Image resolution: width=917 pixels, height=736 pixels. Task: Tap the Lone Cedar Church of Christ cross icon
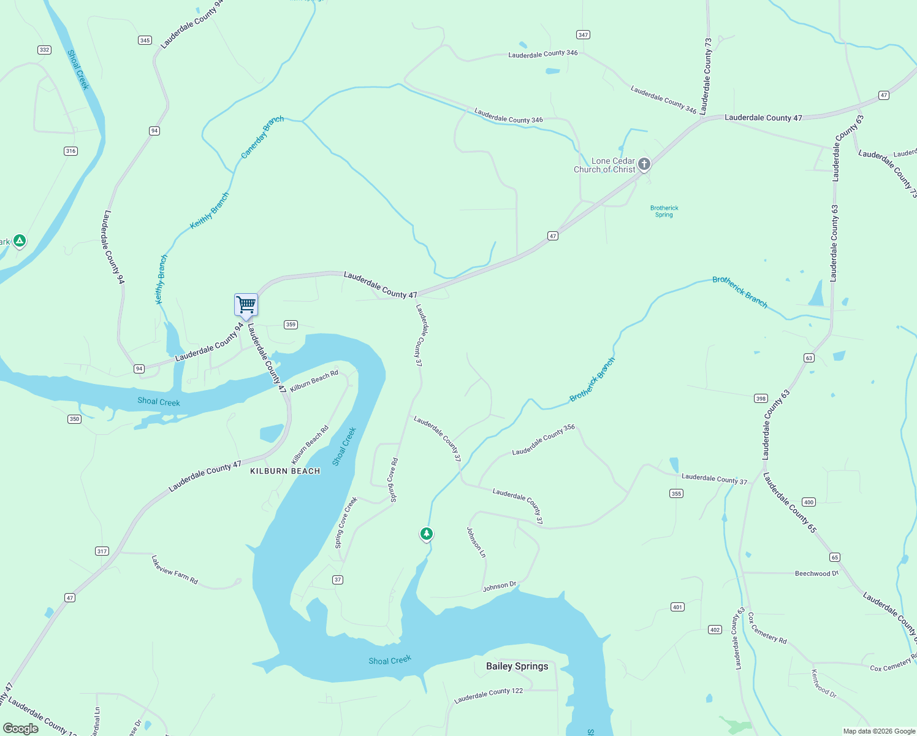pyautogui.click(x=644, y=164)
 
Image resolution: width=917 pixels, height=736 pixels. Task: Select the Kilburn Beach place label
pyautogui.click(x=285, y=471)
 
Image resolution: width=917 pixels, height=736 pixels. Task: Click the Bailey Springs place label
pyautogui.click(x=517, y=666)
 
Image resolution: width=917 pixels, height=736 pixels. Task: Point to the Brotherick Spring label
pyautogui.click(x=664, y=211)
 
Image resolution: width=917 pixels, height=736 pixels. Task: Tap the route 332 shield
pyautogui.click(x=44, y=50)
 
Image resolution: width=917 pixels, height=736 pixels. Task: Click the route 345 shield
pyautogui.click(x=145, y=40)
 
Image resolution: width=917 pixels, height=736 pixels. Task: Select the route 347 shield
pyautogui.click(x=583, y=35)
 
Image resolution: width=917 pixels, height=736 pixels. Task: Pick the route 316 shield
pyautogui.click(x=70, y=151)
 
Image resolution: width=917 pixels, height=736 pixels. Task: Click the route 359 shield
pyautogui.click(x=291, y=324)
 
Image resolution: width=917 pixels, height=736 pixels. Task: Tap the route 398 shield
pyautogui.click(x=761, y=398)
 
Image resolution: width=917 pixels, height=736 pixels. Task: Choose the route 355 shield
pyautogui.click(x=676, y=493)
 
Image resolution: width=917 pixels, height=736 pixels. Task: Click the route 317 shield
pyautogui.click(x=102, y=551)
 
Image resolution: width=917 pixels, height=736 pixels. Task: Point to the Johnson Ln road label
pyautogui.click(x=476, y=542)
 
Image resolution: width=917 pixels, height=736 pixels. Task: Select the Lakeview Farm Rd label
pyautogui.click(x=175, y=570)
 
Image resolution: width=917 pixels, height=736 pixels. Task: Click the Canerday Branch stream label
pyautogui.click(x=262, y=137)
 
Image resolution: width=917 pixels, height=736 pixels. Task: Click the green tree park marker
pyautogui.click(x=427, y=534)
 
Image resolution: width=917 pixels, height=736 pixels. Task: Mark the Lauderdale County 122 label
pyautogui.click(x=489, y=695)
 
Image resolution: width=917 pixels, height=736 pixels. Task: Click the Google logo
pyautogui.click(x=21, y=729)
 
